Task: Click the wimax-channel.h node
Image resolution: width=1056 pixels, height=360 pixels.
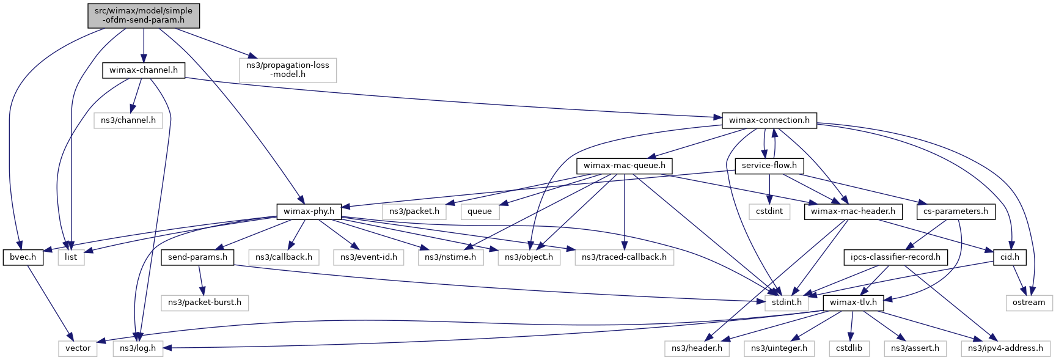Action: tap(144, 70)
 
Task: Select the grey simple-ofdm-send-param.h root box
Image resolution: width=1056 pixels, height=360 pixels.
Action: tap(144, 15)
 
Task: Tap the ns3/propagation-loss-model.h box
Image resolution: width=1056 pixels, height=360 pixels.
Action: tap(288, 70)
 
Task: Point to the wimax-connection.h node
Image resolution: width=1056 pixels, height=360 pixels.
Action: tap(769, 120)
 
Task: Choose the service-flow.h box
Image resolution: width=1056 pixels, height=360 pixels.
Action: tap(769, 166)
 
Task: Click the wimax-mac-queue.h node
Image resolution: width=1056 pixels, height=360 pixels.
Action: tap(624, 166)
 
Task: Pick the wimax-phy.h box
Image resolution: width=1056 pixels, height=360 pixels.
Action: tap(309, 211)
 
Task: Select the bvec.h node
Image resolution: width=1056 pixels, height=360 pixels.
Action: tap(23, 257)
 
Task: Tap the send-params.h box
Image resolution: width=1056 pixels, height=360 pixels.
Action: tap(197, 257)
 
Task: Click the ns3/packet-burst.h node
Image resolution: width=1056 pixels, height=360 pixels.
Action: tap(205, 303)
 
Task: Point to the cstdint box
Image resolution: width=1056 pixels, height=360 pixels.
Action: tap(769, 211)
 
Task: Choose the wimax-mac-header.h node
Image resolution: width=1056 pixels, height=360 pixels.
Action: tap(853, 211)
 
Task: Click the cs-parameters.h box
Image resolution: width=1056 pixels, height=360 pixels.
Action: tap(955, 211)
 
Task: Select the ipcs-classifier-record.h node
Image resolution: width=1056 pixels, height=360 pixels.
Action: tap(895, 257)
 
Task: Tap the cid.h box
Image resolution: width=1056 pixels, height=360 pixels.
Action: tap(1010, 257)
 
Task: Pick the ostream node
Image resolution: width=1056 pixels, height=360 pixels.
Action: tap(1028, 303)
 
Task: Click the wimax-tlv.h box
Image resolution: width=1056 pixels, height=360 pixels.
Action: tap(853, 303)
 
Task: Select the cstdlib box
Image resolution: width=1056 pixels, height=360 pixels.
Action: tap(849, 348)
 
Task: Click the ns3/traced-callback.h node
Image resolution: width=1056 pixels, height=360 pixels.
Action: tap(624, 257)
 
